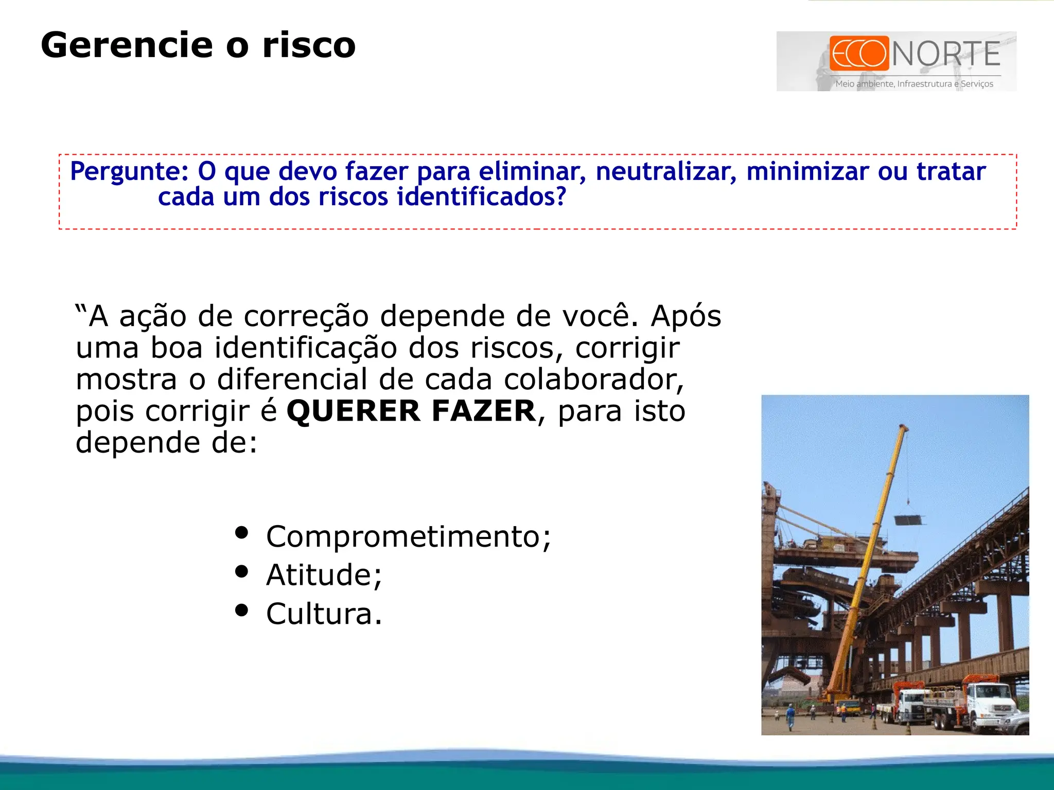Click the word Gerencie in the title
pos(126,45)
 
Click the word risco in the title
pos(309,45)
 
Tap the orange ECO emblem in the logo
pos(859,53)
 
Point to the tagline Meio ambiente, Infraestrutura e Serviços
pos(914,84)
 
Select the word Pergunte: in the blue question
pos(129,171)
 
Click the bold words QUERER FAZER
pos(411,411)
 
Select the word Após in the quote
pos(686,316)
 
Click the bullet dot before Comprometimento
pos(241,532)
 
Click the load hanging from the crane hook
pos(910,520)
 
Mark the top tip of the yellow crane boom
pos(903,426)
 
